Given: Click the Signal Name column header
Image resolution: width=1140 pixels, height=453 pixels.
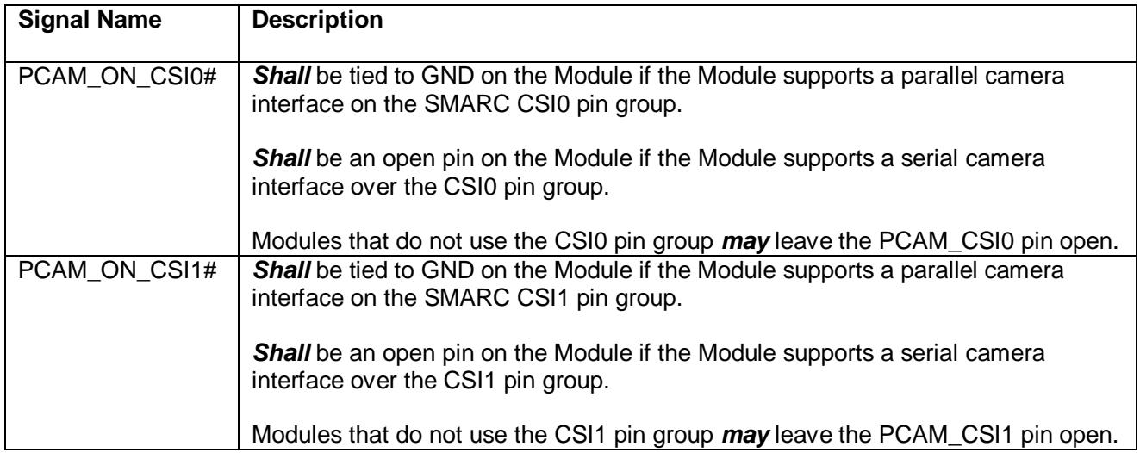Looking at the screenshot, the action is (x=90, y=20).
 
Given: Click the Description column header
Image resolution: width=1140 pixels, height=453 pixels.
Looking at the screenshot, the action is (x=317, y=20).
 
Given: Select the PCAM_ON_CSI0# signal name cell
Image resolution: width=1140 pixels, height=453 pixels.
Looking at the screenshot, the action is (x=117, y=77).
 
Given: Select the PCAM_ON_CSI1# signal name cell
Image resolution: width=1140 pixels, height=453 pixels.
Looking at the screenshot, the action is (x=117, y=270).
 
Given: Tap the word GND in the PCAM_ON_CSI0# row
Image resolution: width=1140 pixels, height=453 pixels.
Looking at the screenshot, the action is (x=447, y=77).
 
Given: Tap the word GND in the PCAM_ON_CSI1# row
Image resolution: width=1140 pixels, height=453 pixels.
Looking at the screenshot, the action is (x=447, y=270).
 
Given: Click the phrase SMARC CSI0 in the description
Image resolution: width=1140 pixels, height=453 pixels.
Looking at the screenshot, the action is (x=496, y=104).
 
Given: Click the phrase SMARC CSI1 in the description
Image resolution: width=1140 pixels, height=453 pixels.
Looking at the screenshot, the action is (x=495, y=298).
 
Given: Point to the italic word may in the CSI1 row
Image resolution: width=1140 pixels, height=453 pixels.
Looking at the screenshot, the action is (x=745, y=436).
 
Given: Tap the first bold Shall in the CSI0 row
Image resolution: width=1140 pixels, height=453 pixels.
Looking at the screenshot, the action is (x=282, y=77).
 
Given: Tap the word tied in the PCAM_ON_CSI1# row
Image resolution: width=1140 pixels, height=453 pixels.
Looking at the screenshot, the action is (x=366, y=270).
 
